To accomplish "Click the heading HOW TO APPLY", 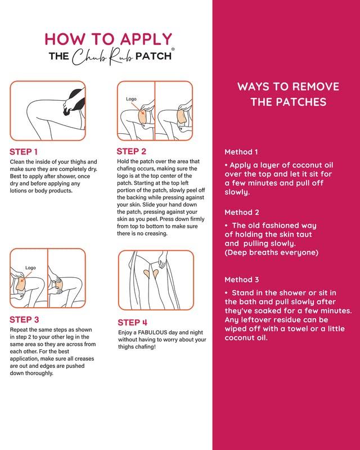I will coord(108,39).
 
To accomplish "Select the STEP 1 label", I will coord(24,152).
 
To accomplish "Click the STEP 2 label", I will coord(131,151).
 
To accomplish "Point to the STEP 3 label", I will coord(24,319).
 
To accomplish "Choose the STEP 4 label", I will coord(132,322).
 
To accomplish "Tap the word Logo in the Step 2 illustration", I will coord(131,99).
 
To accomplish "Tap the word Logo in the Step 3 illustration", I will coord(30,268).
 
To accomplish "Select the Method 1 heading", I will coord(241,152).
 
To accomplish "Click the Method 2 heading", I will coord(241,212).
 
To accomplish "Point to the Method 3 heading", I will coord(241,280).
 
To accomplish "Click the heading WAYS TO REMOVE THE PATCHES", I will coord(288,94).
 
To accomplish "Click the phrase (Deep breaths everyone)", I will coord(271,253).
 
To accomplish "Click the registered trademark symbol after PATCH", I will coord(173,49).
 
